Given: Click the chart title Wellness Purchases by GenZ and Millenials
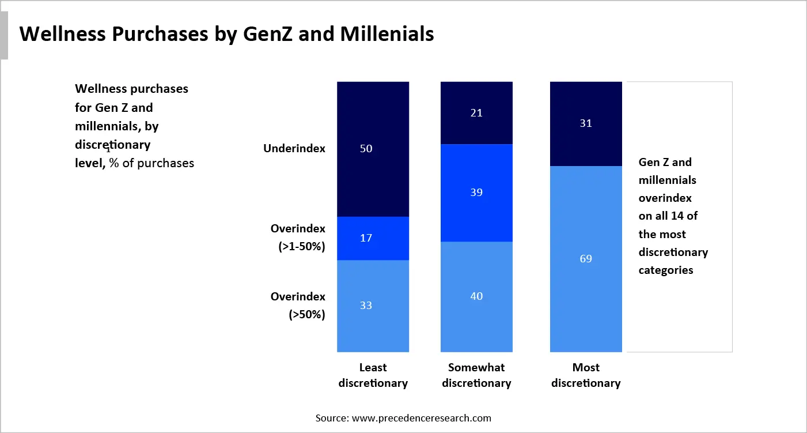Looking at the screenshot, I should coord(226,35).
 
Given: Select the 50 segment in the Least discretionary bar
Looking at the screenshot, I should coord(373,149).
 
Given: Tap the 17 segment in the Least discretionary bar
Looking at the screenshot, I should coord(373,238).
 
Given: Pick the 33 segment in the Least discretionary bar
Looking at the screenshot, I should coord(373,306).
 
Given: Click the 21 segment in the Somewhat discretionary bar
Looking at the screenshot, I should coord(476,113).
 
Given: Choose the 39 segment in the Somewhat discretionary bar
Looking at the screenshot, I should coord(476,193).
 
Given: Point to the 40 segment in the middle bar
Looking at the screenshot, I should coord(476,296).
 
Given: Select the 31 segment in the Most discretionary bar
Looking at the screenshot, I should coord(586,123).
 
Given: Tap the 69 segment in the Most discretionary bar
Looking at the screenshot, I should coord(586,259).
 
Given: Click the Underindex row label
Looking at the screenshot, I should coord(294,149).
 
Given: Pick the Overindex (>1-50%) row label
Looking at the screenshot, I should coord(297,238).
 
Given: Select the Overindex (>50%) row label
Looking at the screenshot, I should coord(297,306).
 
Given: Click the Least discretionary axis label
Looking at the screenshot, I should coord(373,375).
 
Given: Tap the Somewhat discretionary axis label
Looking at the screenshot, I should coord(476,375).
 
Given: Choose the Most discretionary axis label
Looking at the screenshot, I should coord(586,375).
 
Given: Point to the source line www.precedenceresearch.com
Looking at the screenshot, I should coord(403,417).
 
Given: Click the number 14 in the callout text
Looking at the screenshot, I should coord(682,216).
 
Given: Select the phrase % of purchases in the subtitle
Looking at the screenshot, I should coord(151,163).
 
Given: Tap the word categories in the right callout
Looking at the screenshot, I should coord(665,270).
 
